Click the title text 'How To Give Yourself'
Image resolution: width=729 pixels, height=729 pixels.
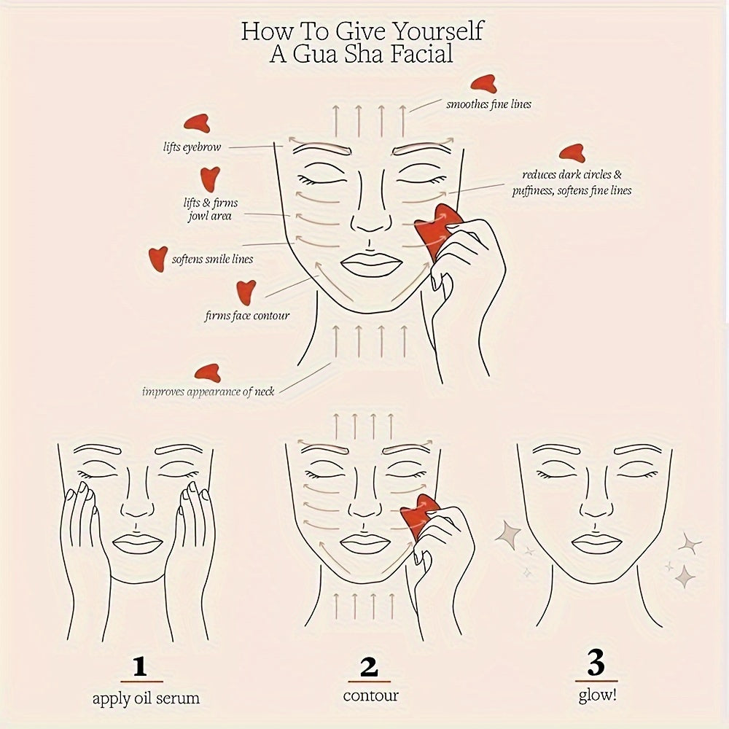coord(362,31)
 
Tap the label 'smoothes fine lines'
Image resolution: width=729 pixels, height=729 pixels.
coord(488,104)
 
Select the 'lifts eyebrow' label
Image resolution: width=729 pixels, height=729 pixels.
coord(192,147)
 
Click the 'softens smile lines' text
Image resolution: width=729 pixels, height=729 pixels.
coord(212,259)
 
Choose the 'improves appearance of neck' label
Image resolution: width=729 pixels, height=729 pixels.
coord(208,391)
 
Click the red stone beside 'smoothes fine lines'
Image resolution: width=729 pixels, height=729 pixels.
coord(483,85)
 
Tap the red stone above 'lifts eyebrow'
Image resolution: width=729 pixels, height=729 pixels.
coord(197,123)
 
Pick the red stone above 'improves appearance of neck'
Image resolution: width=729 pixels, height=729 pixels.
coord(208,373)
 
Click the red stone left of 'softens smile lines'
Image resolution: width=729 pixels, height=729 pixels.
coord(157,257)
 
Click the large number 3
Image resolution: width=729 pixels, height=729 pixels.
coord(596,664)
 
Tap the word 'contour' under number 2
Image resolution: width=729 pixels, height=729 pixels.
coord(371,695)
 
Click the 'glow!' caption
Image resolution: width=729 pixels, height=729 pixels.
coord(597,694)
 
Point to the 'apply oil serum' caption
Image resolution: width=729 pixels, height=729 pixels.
coord(146,698)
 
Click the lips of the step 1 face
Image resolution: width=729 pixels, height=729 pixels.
coord(136,543)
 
